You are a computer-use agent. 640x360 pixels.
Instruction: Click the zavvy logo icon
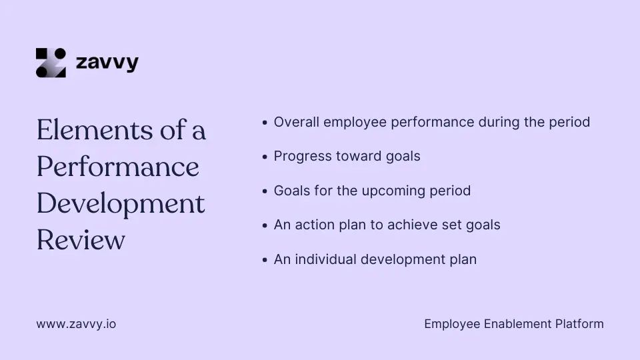[51, 63]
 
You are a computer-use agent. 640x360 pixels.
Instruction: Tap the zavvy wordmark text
[107, 63]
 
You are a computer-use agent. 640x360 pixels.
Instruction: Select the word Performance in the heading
[118, 167]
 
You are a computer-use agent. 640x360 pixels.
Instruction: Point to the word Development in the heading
[121, 203]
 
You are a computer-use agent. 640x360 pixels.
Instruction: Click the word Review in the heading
[81, 239]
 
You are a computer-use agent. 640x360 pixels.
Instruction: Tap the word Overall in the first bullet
[295, 122]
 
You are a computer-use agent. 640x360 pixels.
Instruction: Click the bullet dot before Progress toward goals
[265, 157]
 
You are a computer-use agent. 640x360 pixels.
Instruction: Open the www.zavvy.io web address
[76, 325]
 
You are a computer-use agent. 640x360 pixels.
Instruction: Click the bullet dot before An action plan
[265, 225]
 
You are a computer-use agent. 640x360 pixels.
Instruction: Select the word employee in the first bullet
[353, 122]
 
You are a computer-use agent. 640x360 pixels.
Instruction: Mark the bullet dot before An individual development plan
[265, 260]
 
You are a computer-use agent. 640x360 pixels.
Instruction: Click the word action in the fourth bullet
[313, 225]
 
